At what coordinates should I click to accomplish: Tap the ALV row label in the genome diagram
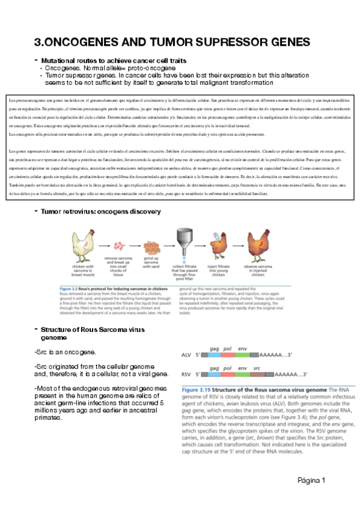(186, 355)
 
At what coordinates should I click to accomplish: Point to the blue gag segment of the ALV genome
(213, 355)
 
